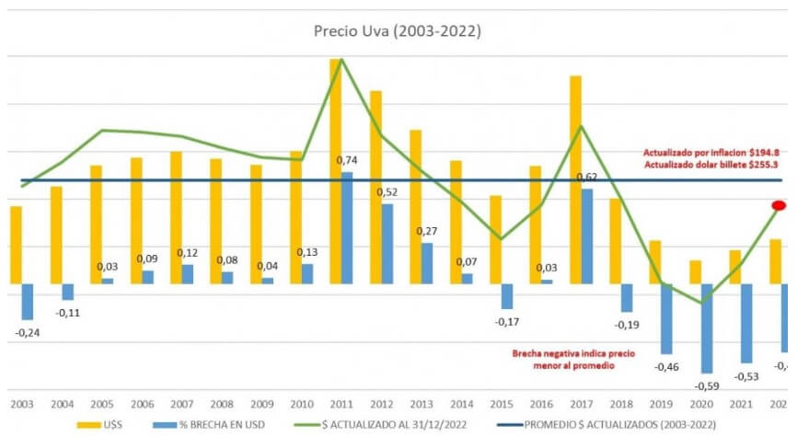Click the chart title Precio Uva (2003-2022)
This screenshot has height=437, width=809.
point(397,30)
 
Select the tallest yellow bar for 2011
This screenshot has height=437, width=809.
point(335,170)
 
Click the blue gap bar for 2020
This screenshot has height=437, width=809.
point(707,328)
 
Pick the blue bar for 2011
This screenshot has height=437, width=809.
point(347,227)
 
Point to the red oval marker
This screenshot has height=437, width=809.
point(779,206)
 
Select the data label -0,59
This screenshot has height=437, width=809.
point(707,385)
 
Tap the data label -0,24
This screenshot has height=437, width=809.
point(27,332)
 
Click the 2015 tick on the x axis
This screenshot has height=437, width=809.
point(500,403)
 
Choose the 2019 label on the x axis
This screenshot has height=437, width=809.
point(660,403)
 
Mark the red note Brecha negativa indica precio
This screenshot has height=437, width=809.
point(561,353)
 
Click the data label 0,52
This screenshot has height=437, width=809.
point(387,191)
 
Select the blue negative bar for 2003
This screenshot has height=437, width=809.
point(27,301)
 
